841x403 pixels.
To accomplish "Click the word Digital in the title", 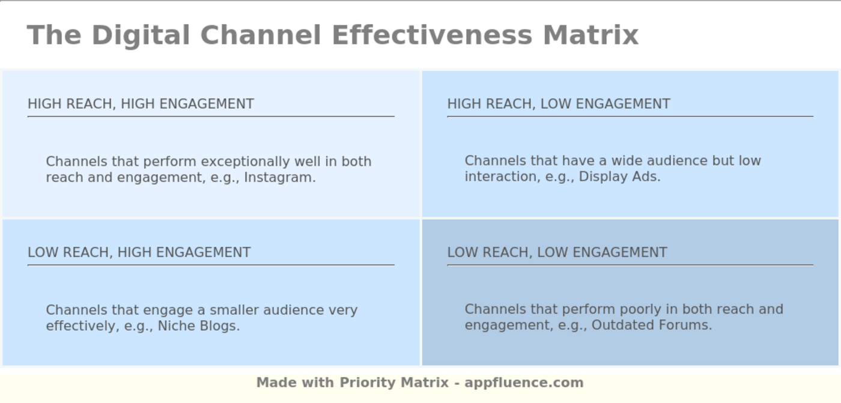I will click(x=141, y=35).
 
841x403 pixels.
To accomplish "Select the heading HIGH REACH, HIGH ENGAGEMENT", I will click(x=141, y=104).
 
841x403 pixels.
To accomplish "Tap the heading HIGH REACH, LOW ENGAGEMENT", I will click(x=559, y=104).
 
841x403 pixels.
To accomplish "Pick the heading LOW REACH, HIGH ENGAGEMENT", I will click(x=139, y=252).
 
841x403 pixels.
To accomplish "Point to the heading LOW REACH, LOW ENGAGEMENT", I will click(x=557, y=252).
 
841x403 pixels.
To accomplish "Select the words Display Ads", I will click(x=619, y=177).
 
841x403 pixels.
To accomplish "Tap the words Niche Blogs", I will click(x=198, y=326).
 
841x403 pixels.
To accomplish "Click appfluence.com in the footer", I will click(x=524, y=383).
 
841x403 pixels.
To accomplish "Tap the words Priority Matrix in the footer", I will click(x=394, y=383).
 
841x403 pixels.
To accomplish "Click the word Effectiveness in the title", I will click(x=432, y=35).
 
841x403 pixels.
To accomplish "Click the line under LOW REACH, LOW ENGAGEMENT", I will click(x=630, y=265).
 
